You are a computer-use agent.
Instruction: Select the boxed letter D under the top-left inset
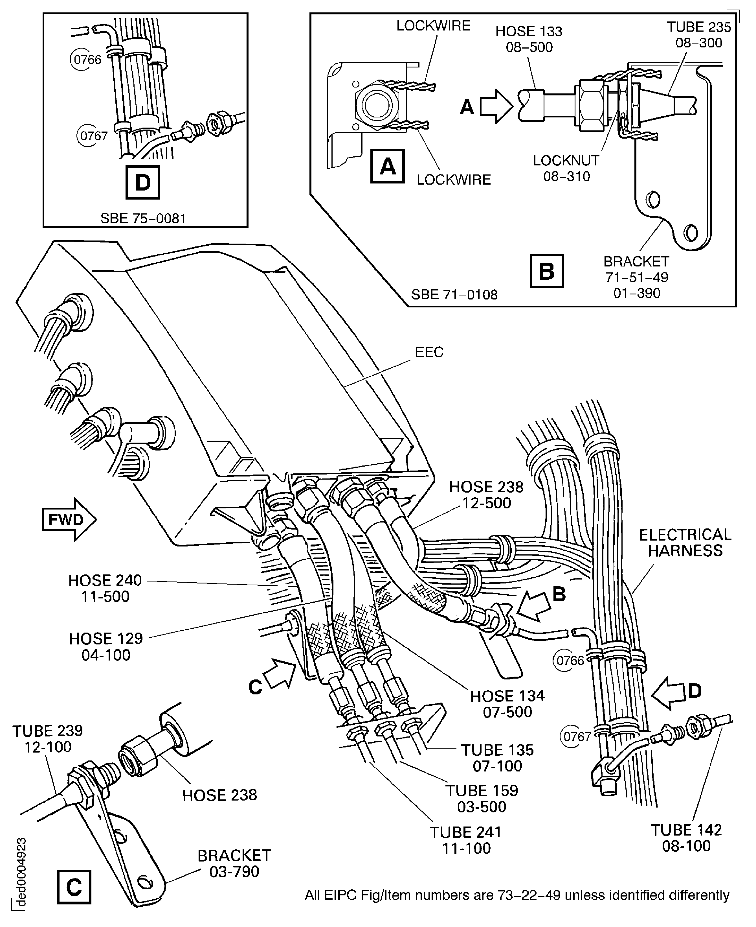pyautogui.click(x=142, y=182)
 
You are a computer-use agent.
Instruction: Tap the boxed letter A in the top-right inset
pyautogui.click(x=387, y=166)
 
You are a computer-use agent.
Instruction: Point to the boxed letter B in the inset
pyautogui.click(x=546, y=271)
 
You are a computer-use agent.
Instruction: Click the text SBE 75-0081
pyautogui.click(x=143, y=218)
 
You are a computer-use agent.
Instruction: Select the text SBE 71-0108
pyautogui.click(x=454, y=295)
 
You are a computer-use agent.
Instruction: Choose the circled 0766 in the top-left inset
pyautogui.click(x=87, y=59)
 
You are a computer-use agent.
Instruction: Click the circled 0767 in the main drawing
pyautogui.click(x=577, y=736)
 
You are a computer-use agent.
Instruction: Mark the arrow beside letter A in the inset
pyautogui.click(x=496, y=106)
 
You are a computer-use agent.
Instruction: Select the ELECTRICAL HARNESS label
pyautogui.click(x=685, y=543)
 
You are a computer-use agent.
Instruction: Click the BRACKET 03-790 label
pyautogui.click(x=234, y=863)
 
